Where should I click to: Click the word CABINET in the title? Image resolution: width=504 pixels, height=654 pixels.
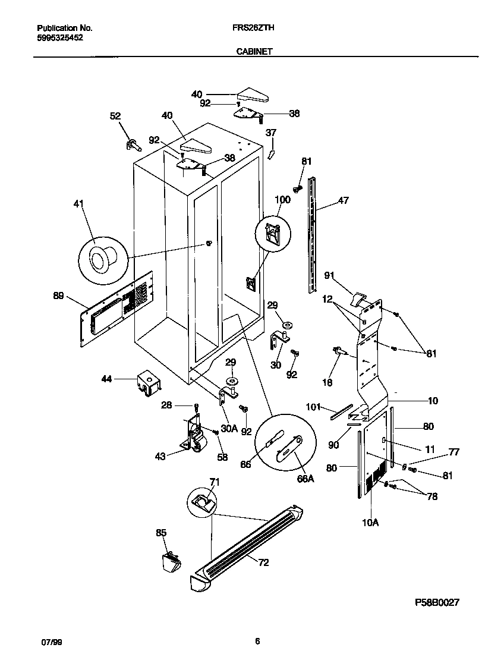coord(254,52)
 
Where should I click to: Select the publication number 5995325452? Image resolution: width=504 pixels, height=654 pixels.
coord(60,37)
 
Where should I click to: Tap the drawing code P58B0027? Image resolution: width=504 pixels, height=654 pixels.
coord(437,602)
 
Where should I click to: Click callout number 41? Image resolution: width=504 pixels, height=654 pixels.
coord(78,205)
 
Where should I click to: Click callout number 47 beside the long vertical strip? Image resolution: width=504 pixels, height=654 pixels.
coord(344,201)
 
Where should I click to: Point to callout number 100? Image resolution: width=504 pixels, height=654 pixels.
coord(283,200)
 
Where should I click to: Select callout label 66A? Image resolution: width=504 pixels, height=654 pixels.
coord(304,478)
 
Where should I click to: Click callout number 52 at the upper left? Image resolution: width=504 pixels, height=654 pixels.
coord(115,116)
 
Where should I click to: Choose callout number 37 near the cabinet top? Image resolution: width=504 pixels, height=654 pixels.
coord(270,133)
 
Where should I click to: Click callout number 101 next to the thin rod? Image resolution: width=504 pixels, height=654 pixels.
coord(313,407)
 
